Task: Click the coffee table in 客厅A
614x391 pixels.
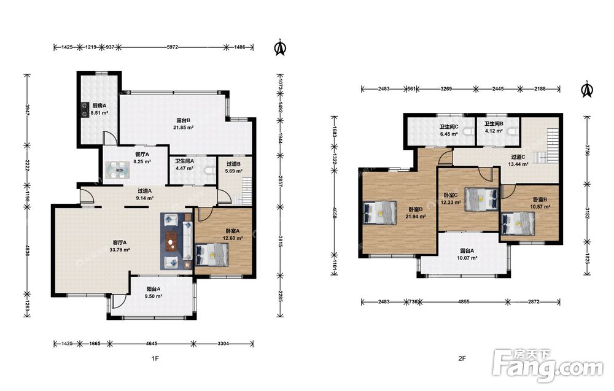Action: point(171,241)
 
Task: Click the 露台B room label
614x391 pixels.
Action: point(183,120)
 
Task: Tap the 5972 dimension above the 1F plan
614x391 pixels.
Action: point(173,47)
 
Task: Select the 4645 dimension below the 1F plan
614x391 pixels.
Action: point(152,344)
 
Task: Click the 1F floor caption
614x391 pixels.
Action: point(155,358)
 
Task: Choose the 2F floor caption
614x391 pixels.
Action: point(462,358)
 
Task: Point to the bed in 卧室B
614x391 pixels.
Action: point(518,223)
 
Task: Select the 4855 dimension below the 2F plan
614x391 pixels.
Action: point(464,302)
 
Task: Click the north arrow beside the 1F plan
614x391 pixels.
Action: point(281,48)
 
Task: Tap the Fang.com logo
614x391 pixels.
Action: point(548,366)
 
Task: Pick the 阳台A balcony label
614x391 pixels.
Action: point(153,289)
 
